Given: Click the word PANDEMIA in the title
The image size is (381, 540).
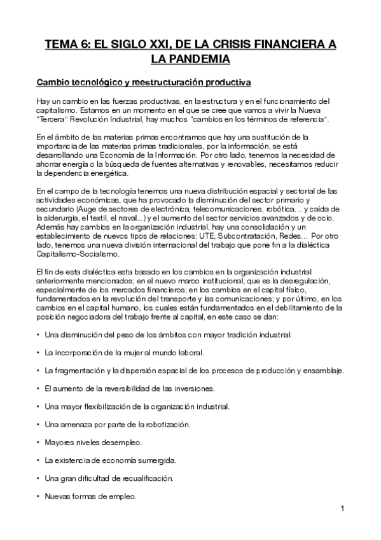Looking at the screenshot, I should [x=189, y=59].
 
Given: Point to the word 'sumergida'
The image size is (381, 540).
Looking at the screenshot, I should [x=153, y=460].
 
